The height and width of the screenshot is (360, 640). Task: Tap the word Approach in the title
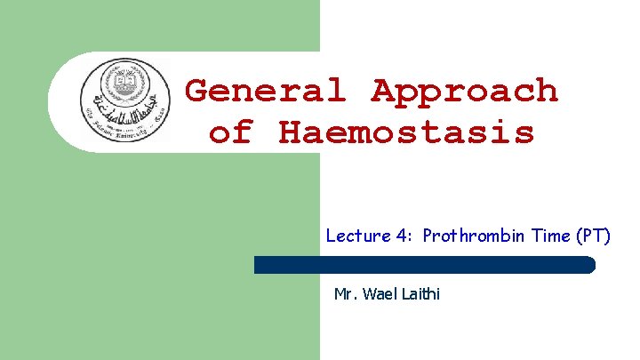465,92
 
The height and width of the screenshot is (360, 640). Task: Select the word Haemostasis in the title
406,132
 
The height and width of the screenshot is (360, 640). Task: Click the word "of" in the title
230,132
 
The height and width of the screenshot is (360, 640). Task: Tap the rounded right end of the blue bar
588,264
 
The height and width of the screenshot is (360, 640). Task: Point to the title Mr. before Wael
343,293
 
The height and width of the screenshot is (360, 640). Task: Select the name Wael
375,293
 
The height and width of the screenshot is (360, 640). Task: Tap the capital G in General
198,91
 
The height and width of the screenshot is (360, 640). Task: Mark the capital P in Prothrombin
428,236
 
